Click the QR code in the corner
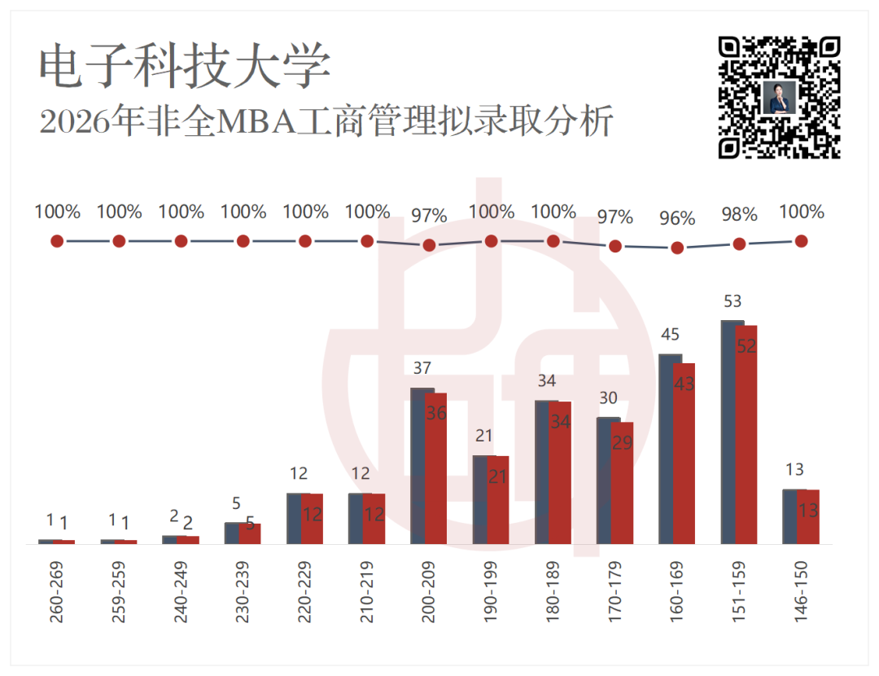click(779, 98)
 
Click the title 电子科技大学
click(185, 66)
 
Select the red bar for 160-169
click(684, 454)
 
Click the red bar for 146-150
click(808, 516)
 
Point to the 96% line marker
click(677, 248)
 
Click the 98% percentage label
click(739, 214)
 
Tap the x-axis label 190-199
click(491, 591)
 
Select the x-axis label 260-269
click(57, 592)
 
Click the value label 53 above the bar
click(732, 301)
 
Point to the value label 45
click(671, 335)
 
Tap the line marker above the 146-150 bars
click(802, 241)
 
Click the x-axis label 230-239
click(243, 592)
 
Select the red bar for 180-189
click(560, 473)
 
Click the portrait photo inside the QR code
click(779, 98)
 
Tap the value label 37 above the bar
click(422, 368)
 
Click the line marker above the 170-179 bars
click(615, 246)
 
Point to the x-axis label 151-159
click(739, 592)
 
